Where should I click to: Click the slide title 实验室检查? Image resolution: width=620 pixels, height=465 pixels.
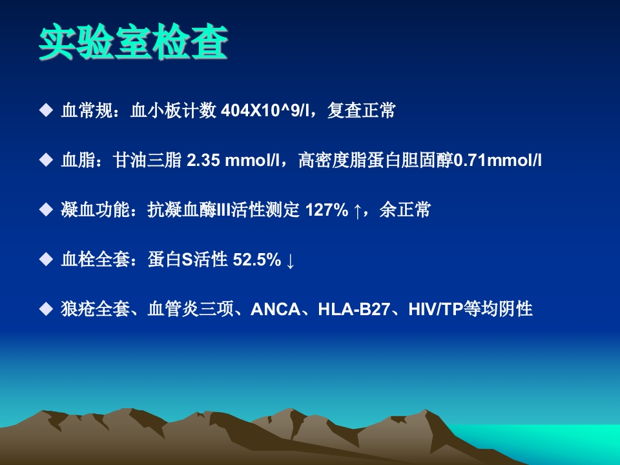(133, 42)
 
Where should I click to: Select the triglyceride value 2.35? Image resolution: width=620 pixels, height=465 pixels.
(203, 160)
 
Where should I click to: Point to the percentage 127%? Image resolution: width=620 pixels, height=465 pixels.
(327, 210)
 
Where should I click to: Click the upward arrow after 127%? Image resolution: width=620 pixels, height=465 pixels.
(357, 211)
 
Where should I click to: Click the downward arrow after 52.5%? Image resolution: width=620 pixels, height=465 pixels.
(290, 260)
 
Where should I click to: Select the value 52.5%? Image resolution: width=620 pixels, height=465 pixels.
(256, 260)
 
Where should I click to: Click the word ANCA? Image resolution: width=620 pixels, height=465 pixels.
(276, 309)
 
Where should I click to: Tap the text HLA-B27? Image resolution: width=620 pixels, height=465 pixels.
(354, 309)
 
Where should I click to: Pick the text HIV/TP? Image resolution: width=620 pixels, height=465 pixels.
(435, 309)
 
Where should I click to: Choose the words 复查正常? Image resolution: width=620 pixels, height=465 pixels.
(362, 110)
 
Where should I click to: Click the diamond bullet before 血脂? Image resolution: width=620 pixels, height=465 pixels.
(46, 160)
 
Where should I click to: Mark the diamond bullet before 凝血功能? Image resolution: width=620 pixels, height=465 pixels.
(46, 209)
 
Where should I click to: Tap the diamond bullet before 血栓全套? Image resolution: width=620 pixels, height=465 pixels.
(46, 259)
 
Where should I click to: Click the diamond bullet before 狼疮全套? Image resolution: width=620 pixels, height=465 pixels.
(46, 309)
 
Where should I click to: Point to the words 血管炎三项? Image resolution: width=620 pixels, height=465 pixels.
(191, 309)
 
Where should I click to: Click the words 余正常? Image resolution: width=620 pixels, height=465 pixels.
(405, 210)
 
